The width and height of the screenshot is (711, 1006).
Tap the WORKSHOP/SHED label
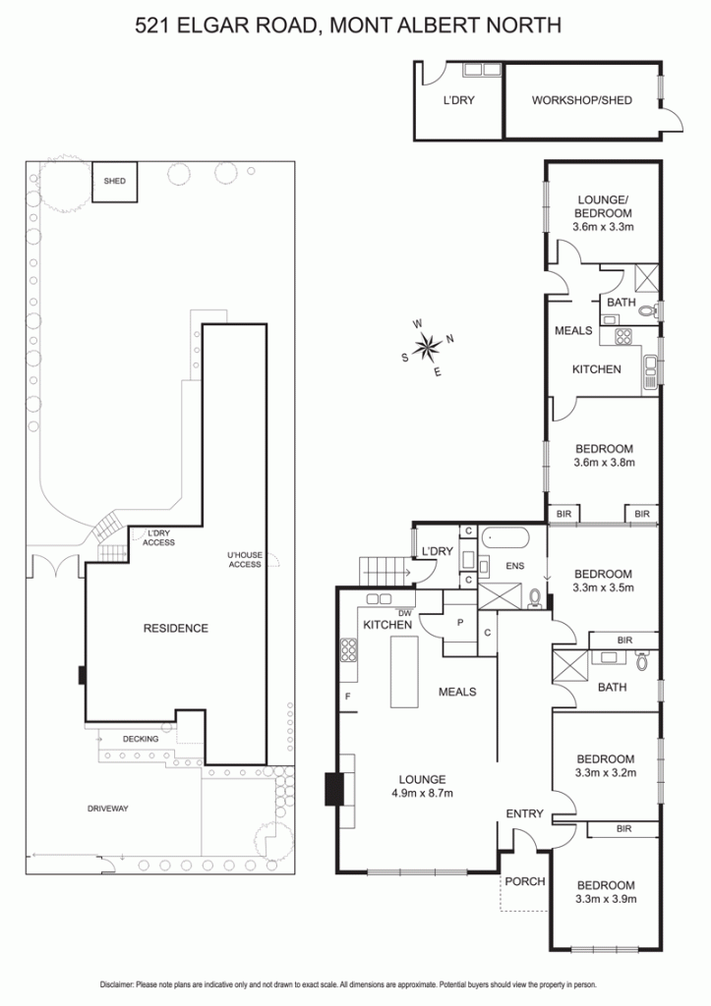(x=581, y=100)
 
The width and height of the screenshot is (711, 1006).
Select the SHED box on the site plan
(x=114, y=182)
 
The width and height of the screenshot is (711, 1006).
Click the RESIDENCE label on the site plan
(x=175, y=628)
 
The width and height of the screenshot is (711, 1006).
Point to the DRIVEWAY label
(x=108, y=809)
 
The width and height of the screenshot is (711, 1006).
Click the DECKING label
(x=140, y=739)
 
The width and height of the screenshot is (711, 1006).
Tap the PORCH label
(x=525, y=881)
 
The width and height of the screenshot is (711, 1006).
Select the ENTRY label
(x=525, y=813)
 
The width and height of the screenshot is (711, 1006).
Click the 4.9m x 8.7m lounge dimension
(x=422, y=794)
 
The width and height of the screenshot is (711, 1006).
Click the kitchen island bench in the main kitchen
(x=404, y=672)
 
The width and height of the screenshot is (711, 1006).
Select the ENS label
(x=515, y=566)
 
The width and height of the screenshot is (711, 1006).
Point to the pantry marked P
(x=460, y=622)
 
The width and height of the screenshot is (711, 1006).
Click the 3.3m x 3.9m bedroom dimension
(x=606, y=899)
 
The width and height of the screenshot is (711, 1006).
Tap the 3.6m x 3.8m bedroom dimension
(x=604, y=463)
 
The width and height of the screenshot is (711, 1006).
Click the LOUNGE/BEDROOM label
(x=603, y=206)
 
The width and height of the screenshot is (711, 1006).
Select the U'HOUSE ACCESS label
(x=245, y=559)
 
